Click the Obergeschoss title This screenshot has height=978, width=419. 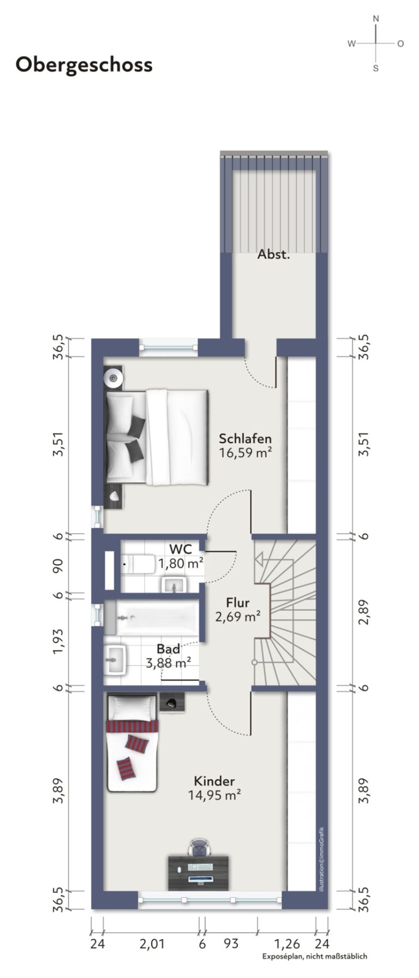coord(84,65)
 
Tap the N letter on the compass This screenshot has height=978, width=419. coord(376,19)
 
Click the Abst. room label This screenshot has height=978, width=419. coord(273,254)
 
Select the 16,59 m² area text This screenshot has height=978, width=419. coord(246,452)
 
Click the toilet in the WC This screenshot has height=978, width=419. coord(139,564)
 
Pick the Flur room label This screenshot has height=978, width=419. coord(238,603)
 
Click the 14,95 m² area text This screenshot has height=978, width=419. coord(215,795)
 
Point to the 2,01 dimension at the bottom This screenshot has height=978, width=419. coord(151,943)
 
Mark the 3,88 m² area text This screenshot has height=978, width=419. coord(169,663)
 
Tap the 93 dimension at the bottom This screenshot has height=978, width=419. coord(231,943)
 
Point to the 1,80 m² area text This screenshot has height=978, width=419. coord(181,563)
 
